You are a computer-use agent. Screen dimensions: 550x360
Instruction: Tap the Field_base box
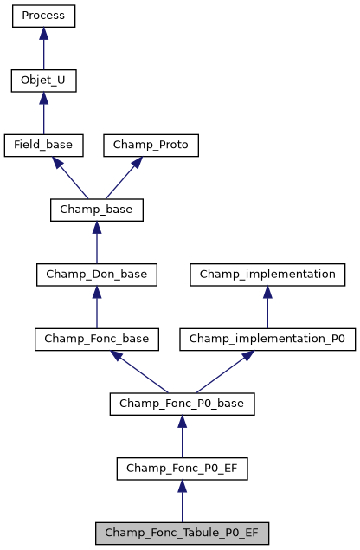click(x=43, y=146)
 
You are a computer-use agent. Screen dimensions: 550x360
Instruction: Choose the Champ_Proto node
click(x=151, y=146)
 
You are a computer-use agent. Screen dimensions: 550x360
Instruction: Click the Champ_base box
click(x=96, y=210)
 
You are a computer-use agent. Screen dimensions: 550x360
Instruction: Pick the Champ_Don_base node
click(x=96, y=275)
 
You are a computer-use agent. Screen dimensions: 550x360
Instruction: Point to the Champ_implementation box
click(x=267, y=275)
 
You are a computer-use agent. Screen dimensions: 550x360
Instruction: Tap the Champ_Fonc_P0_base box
click(x=182, y=404)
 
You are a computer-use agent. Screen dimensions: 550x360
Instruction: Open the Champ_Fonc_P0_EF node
click(x=182, y=469)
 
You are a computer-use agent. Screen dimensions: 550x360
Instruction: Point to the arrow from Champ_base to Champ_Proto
click(x=125, y=178)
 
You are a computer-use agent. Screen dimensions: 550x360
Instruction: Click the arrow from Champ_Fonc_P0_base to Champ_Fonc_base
click(x=138, y=372)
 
